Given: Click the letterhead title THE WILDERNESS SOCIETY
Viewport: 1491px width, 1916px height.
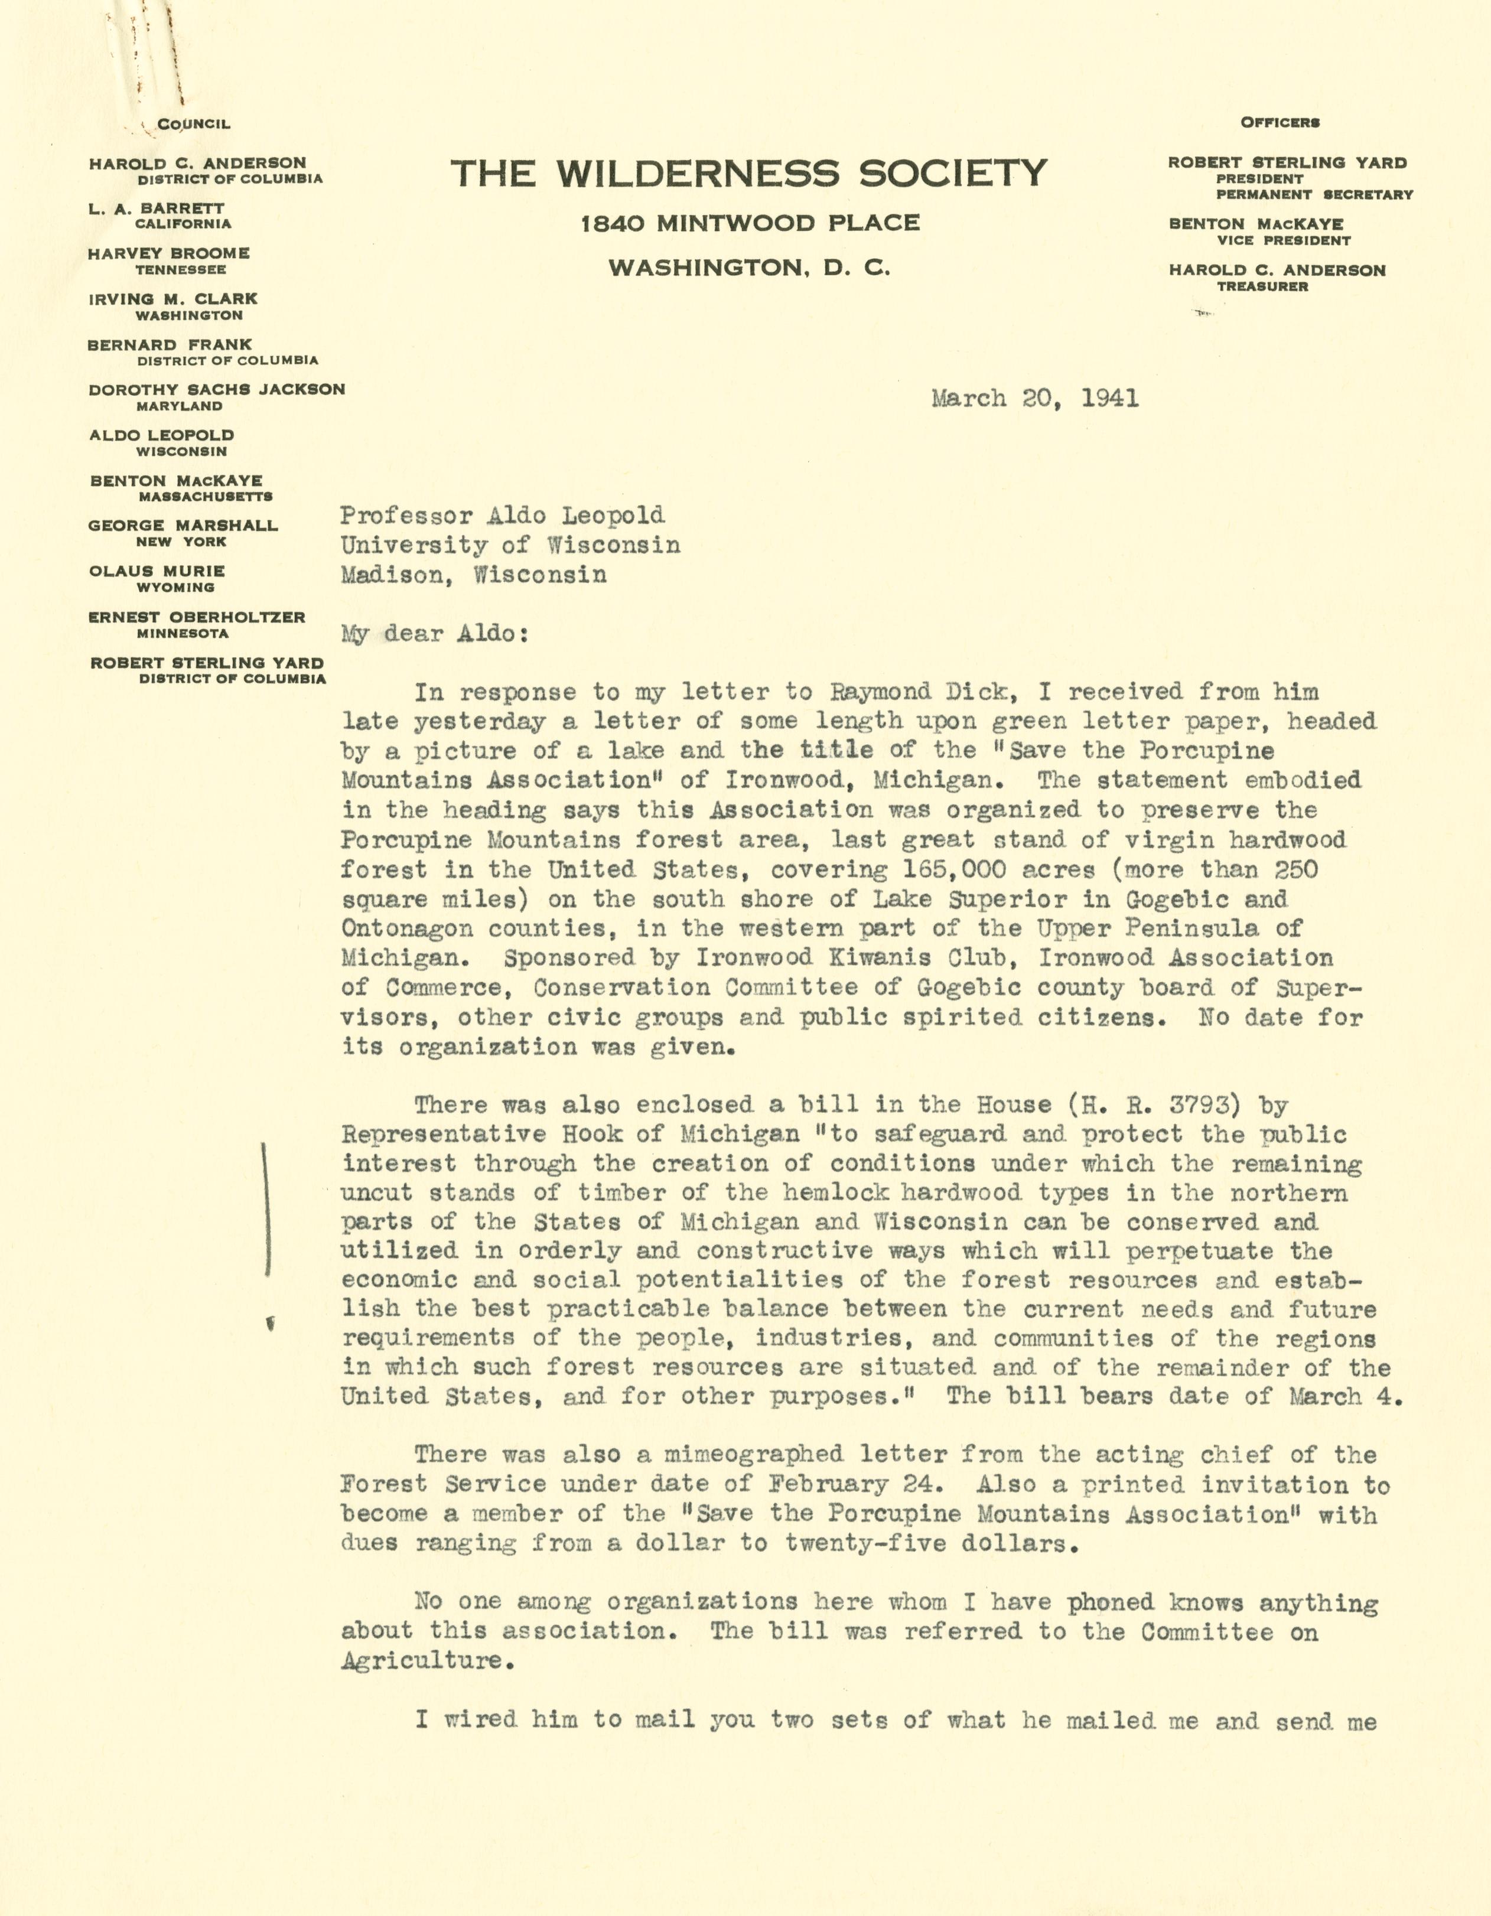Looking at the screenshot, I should (748, 174).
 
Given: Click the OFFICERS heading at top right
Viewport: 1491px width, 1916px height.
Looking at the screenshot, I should (1280, 123).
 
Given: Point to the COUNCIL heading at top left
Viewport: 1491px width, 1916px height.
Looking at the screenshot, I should (193, 125).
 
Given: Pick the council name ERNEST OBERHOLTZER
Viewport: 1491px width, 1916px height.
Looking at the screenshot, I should (197, 618).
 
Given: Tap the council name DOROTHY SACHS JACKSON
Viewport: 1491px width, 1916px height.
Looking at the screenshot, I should (217, 389).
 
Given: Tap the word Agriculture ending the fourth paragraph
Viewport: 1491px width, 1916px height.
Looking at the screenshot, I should (421, 1661).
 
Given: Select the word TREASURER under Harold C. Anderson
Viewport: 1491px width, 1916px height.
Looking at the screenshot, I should (1262, 287).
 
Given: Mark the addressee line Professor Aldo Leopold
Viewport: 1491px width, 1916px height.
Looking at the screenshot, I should (502, 516).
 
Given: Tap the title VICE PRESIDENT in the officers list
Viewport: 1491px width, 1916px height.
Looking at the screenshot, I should (1283, 240).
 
